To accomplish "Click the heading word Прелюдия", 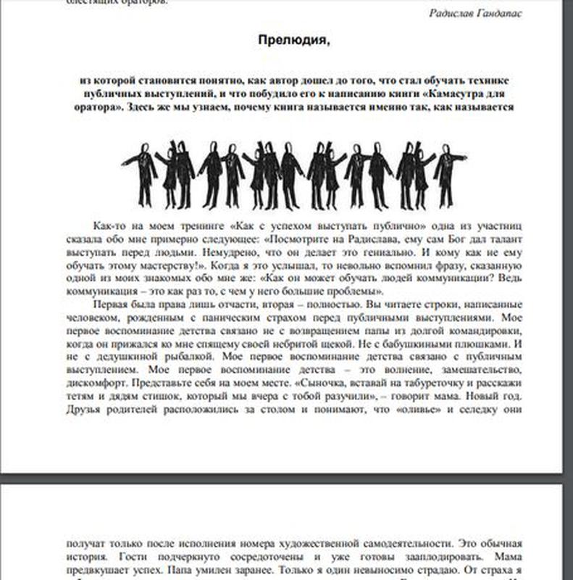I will pyautogui.click(x=293, y=40).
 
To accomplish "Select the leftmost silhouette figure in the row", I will pyautogui.click(x=142, y=174).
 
